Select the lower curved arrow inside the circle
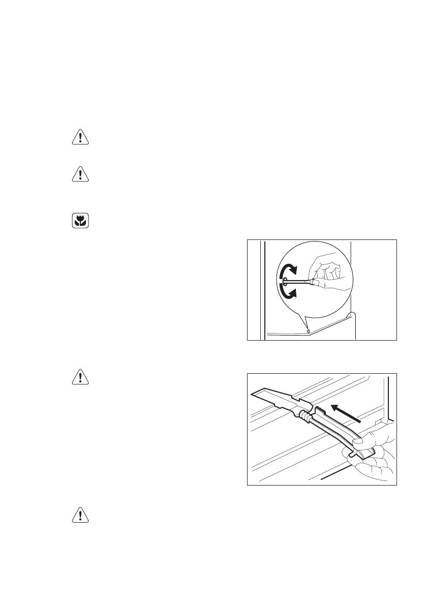coord(288,293)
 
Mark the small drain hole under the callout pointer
coord(308,330)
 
